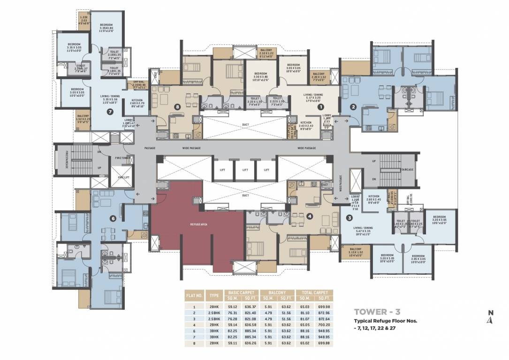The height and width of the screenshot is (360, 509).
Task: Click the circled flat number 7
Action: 110,112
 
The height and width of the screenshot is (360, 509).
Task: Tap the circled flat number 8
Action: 177,107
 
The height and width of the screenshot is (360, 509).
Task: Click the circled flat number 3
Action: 349,217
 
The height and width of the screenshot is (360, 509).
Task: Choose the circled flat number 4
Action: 309,216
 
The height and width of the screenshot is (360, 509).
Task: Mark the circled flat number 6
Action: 113,218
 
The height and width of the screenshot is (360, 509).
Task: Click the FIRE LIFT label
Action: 123,178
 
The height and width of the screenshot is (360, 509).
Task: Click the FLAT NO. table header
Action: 194,296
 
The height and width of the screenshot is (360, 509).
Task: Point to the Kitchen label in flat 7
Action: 137,101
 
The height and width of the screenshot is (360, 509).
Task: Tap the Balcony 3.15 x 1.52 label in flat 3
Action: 356,251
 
